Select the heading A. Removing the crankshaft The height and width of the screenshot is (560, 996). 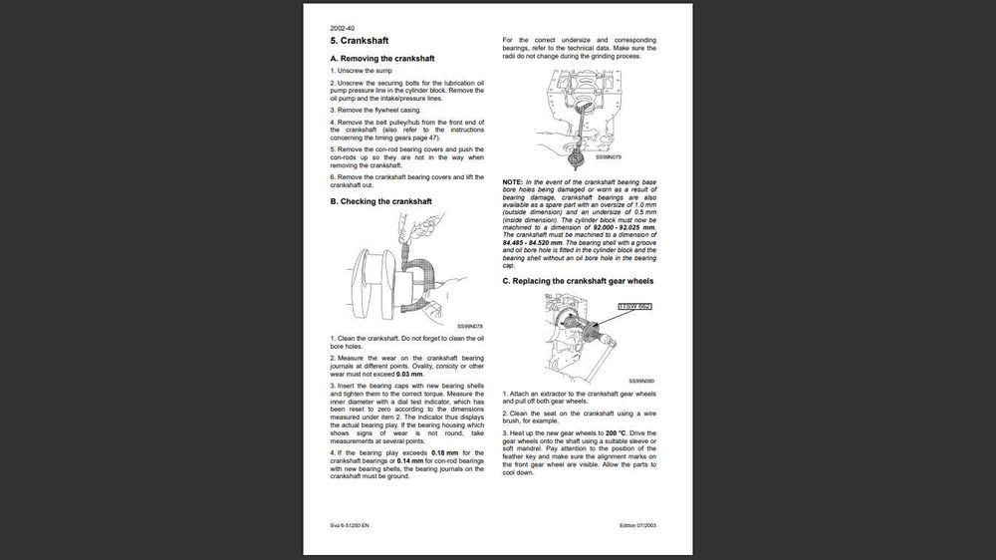click(x=381, y=59)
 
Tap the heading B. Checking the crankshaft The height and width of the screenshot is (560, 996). click(x=380, y=201)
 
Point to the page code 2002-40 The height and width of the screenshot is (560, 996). click(x=343, y=27)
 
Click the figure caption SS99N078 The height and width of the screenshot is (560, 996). click(x=470, y=326)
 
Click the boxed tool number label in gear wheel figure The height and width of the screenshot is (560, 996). click(x=634, y=307)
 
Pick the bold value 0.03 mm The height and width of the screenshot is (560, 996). click(x=409, y=374)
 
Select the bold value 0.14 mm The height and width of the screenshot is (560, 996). click(x=410, y=460)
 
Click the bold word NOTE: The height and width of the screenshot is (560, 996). click(x=513, y=182)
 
